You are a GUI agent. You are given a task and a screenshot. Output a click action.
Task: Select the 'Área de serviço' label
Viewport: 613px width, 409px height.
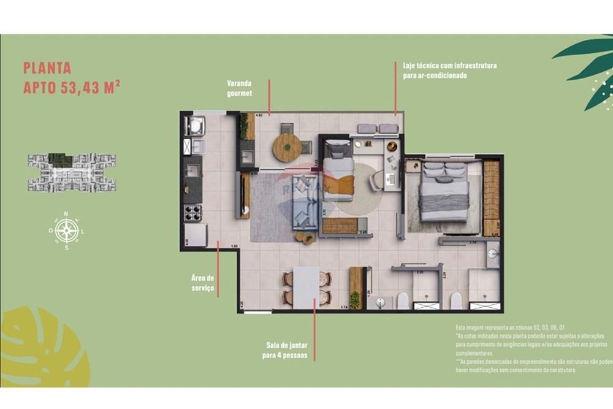[202, 283]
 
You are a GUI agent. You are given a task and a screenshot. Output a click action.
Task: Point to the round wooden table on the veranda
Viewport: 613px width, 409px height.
[286, 147]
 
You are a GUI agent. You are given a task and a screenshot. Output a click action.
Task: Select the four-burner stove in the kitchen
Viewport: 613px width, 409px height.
[194, 213]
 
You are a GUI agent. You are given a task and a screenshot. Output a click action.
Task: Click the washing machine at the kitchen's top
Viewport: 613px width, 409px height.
[196, 126]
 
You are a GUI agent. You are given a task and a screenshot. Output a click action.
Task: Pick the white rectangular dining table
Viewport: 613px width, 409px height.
[306, 288]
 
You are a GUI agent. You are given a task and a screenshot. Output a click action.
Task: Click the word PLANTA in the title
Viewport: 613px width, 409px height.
[47, 68]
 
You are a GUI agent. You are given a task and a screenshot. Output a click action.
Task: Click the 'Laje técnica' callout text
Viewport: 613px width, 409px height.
[449, 70]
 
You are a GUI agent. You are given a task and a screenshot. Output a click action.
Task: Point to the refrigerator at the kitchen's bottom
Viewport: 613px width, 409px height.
[196, 235]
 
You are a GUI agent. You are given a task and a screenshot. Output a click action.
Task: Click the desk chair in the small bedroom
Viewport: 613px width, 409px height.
[376, 178]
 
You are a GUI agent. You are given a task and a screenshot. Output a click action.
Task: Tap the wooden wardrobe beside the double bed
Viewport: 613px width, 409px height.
[491, 197]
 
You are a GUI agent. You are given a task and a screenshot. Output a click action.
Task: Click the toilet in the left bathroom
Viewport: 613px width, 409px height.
[403, 300]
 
